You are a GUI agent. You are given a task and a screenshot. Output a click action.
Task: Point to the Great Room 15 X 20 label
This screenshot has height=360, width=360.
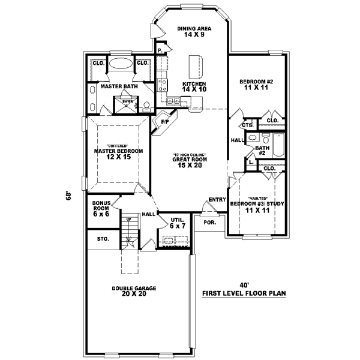pyautogui.click(x=190, y=160)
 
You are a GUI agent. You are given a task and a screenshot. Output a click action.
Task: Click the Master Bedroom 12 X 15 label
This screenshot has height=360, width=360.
pyautogui.click(x=118, y=154)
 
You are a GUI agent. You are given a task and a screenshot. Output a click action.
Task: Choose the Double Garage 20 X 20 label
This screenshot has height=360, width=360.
pyautogui.click(x=134, y=292)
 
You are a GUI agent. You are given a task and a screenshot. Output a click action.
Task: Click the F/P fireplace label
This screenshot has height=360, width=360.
pyautogui.click(x=164, y=122)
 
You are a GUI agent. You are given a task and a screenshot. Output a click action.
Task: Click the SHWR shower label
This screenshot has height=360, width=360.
pyautogui.click(x=128, y=101)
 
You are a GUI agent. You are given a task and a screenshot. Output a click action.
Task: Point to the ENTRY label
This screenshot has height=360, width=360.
pyautogui.click(x=216, y=200)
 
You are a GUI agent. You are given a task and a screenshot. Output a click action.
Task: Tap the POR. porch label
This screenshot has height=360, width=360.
pyautogui.click(x=209, y=221)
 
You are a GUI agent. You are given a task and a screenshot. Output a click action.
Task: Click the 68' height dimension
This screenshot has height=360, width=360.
pyautogui.click(x=69, y=196)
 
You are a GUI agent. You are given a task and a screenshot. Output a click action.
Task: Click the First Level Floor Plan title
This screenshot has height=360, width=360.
pyautogui.click(x=244, y=294)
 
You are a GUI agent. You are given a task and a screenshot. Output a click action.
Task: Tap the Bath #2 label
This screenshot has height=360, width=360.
pyautogui.click(x=262, y=150)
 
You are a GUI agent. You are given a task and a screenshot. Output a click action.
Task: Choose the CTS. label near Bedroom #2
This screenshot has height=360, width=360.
pyautogui.click(x=247, y=125)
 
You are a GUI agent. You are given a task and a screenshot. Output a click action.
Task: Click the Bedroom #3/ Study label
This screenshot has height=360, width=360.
pyautogui.click(x=257, y=207)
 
